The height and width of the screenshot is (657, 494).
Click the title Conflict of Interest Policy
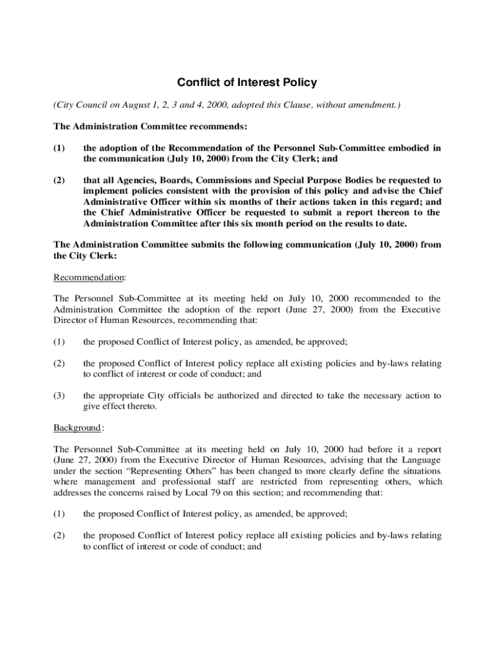click(247, 83)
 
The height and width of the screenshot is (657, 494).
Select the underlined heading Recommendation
click(89, 277)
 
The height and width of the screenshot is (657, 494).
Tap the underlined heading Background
click(77, 427)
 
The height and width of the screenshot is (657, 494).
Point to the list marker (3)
click(60, 396)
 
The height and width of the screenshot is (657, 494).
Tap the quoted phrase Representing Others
click(201, 472)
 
